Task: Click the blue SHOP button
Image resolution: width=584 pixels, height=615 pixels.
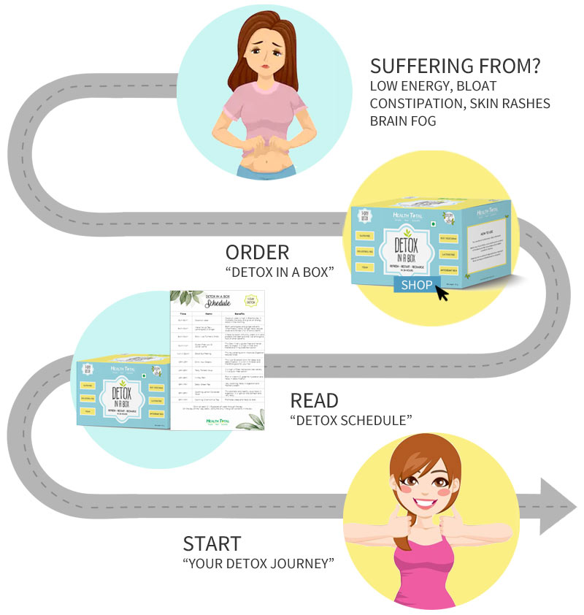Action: tap(417, 284)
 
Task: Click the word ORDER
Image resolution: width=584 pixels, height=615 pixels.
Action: tap(257, 253)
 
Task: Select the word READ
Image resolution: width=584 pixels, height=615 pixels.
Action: tap(315, 400)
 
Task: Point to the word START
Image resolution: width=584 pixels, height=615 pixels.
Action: tap(212, 543)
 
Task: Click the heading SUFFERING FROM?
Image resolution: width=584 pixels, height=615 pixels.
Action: tap(456, 66)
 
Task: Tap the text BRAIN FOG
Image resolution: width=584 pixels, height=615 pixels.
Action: tap(403, 121)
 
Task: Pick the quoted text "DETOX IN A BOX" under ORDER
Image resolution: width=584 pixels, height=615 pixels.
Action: tap(280, 273)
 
